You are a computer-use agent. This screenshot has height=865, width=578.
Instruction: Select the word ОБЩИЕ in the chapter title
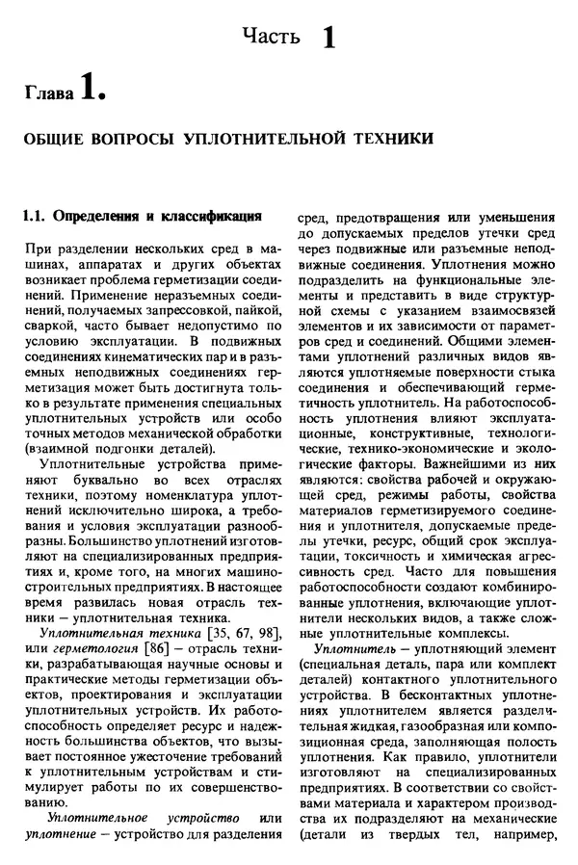pyautogui.click(x=60, y=139)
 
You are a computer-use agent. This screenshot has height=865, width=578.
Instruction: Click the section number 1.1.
pyautogui.click(x=36, y=215)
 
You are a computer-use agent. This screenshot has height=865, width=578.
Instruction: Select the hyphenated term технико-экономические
pyautogui.click(x=398, y=432)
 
